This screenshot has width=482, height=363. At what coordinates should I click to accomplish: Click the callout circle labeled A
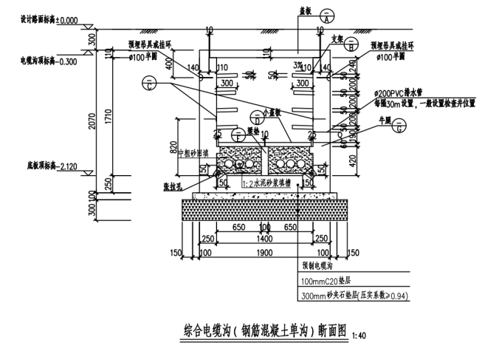(x=326, y=18)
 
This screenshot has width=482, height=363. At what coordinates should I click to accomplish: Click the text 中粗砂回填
(x=194, y=152)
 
